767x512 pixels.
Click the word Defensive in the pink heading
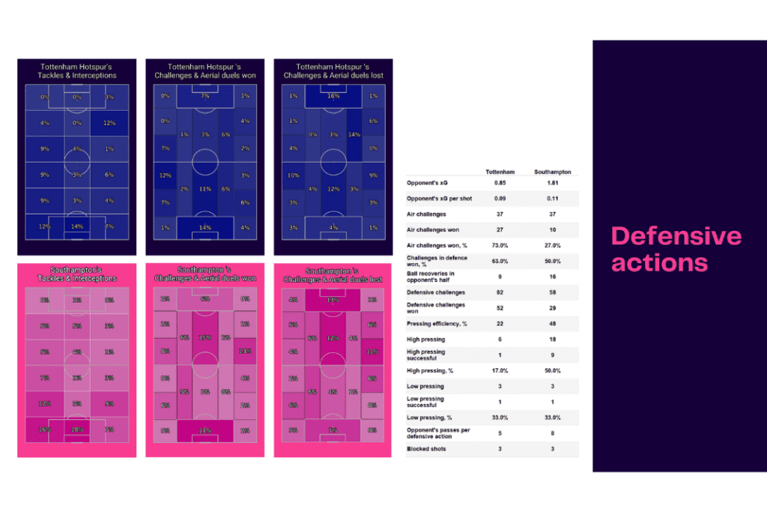676,237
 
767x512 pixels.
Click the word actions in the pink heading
659,263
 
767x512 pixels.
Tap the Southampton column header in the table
554,172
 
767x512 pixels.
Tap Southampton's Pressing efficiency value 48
554,323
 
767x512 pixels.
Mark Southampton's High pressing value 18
554,339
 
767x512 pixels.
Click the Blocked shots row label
423,449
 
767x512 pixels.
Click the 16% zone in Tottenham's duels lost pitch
333,97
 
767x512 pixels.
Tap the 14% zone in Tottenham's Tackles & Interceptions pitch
77,226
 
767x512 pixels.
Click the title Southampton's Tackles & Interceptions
77,274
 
